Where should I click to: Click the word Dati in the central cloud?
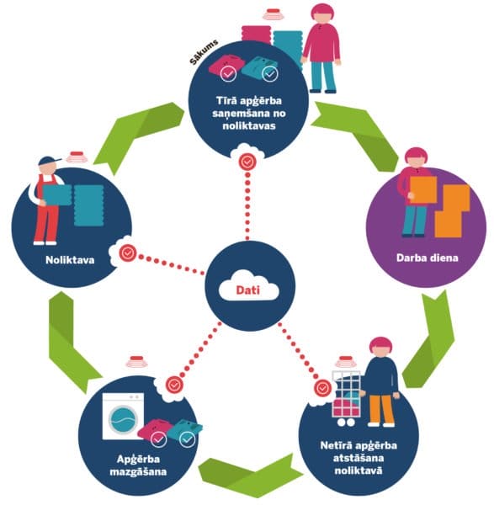pyautogui.click(x=247, y=290)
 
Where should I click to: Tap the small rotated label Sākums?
pyautogui.click(x=204, y=51)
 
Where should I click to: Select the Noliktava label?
pyautogui.click(x=70, y=260)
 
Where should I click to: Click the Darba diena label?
pyautogui.click(x=427, y=258)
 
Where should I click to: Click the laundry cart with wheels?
pyautogui.click(x=346, y=398)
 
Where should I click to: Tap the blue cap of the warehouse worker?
pyautogui.click(x=49, y=161)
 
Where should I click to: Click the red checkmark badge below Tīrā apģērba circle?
pyautogui.click(x=247, y=162)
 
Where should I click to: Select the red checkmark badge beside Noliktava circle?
pyautogui.click(x=128, y=253)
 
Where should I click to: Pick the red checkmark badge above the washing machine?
pyautogui.click(x=174, y=385)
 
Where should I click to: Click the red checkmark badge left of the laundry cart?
pyautogui.click(x=322, y=388)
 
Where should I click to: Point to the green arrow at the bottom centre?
pyautogui.click(x=251, y=472)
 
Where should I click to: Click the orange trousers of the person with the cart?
pyautogui.click(x=381, y=409)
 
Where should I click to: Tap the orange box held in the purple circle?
pyautogui.click(x=423, y=190)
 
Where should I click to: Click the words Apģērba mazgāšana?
pyautogui.click(x=138, y=465)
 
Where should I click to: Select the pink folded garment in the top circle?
pyautogui.click(x=225, y=66)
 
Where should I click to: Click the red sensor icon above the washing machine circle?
pyautogui.click(x=136, y=362)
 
